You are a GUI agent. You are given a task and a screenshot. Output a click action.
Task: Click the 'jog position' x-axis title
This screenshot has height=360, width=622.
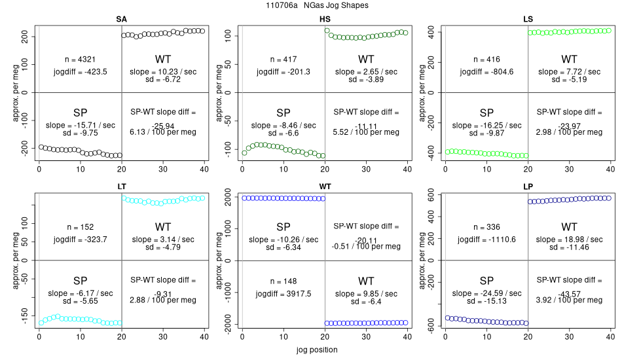[316, 350]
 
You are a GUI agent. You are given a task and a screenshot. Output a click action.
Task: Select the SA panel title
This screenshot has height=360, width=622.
[122, 19]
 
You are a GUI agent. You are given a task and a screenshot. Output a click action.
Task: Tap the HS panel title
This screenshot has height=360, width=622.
[325, 19]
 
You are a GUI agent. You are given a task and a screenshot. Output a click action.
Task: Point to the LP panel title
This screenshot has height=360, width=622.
[528, 187]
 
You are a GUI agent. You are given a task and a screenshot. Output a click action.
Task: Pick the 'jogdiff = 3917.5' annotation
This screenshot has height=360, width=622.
[284, 294]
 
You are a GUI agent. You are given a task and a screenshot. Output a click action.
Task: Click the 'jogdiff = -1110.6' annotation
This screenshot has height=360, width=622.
[486, 240]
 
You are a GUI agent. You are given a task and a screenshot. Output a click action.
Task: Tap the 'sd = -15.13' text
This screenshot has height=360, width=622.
[486, 302]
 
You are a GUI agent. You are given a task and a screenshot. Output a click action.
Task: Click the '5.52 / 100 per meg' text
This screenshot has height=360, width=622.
[367, 132]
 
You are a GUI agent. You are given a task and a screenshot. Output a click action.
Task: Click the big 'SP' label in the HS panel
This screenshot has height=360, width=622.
[284, 112]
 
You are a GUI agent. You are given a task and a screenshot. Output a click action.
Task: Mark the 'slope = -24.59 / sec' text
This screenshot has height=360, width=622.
[486, 293]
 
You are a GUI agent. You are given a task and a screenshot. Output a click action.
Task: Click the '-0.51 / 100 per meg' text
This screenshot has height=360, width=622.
[367, 247]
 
